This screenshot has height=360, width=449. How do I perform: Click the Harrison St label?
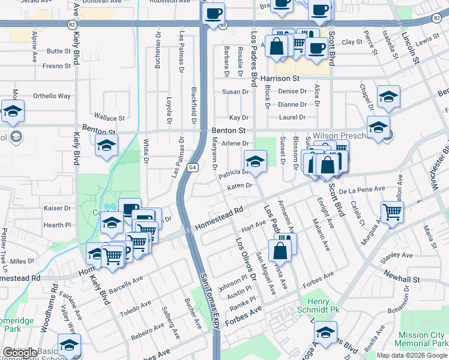pos(280,79)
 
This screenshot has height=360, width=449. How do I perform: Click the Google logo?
pos(20,353)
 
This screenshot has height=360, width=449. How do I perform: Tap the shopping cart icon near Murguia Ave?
pos(392,211)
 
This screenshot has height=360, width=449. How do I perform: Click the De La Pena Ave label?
pos(361,189)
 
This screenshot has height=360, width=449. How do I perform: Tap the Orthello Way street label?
pos(52,96)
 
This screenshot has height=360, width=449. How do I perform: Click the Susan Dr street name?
pos(235,92)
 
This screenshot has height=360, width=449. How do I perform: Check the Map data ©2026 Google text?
pos(411,355)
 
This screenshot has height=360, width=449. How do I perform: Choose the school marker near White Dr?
pos(106,145)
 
